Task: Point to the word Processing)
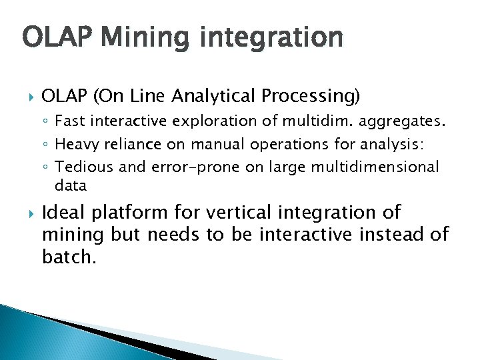coord(311,97)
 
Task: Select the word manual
coord(216,144)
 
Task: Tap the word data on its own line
coord(71,185)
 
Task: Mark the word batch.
coord(69,257)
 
